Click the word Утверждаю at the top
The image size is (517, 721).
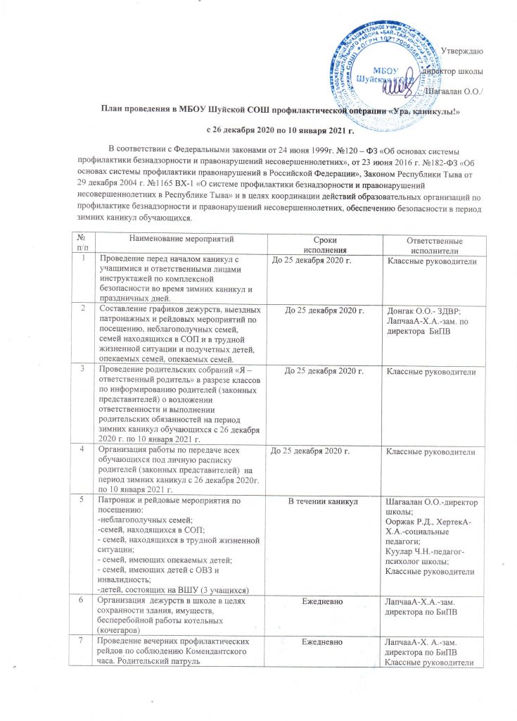click(460, 50)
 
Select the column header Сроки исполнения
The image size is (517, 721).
click(324, 246)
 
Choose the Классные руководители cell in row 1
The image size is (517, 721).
click(430, 262)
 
